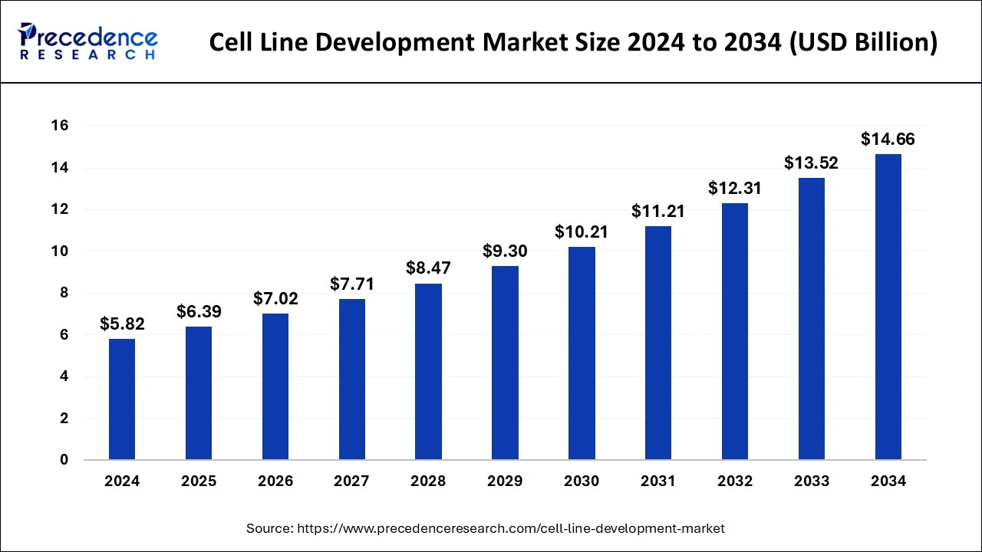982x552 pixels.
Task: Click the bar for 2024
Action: [122, 399]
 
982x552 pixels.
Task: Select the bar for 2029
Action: [505, 363]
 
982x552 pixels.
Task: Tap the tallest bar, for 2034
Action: [888, 307]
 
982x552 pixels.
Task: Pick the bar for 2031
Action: [658, 343]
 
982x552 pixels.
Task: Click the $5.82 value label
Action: [122, 324]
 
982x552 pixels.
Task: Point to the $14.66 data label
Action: [888, 140]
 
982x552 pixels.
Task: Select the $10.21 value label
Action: [582, 232]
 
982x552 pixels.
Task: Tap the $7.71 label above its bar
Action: [352, 284]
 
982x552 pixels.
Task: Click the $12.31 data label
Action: [734, 188]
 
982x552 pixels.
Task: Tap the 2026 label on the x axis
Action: [275, 481]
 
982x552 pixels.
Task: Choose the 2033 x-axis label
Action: [812, 481]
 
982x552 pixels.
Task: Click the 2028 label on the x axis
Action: [428, 481]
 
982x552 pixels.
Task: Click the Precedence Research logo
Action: [87, 41]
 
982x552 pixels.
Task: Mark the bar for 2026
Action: [275, 386]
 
